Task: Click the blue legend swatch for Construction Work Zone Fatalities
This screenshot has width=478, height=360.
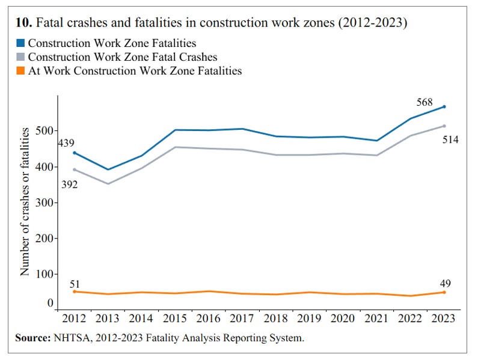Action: [20, 44]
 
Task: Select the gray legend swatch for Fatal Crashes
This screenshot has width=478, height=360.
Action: [20, 58]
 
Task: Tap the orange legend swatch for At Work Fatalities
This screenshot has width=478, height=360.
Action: [20, 71]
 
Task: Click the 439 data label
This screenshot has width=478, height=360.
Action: [66, 143]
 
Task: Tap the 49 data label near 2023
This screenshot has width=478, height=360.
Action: [444, 284]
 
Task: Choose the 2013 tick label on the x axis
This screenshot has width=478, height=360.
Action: [108, 319]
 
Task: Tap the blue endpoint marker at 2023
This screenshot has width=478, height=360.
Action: [444, 107]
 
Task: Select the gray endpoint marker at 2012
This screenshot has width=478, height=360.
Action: [75, 169]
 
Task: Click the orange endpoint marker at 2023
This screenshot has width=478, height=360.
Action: [444, 292]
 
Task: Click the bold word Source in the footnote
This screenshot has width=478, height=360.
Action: [32, 338]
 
